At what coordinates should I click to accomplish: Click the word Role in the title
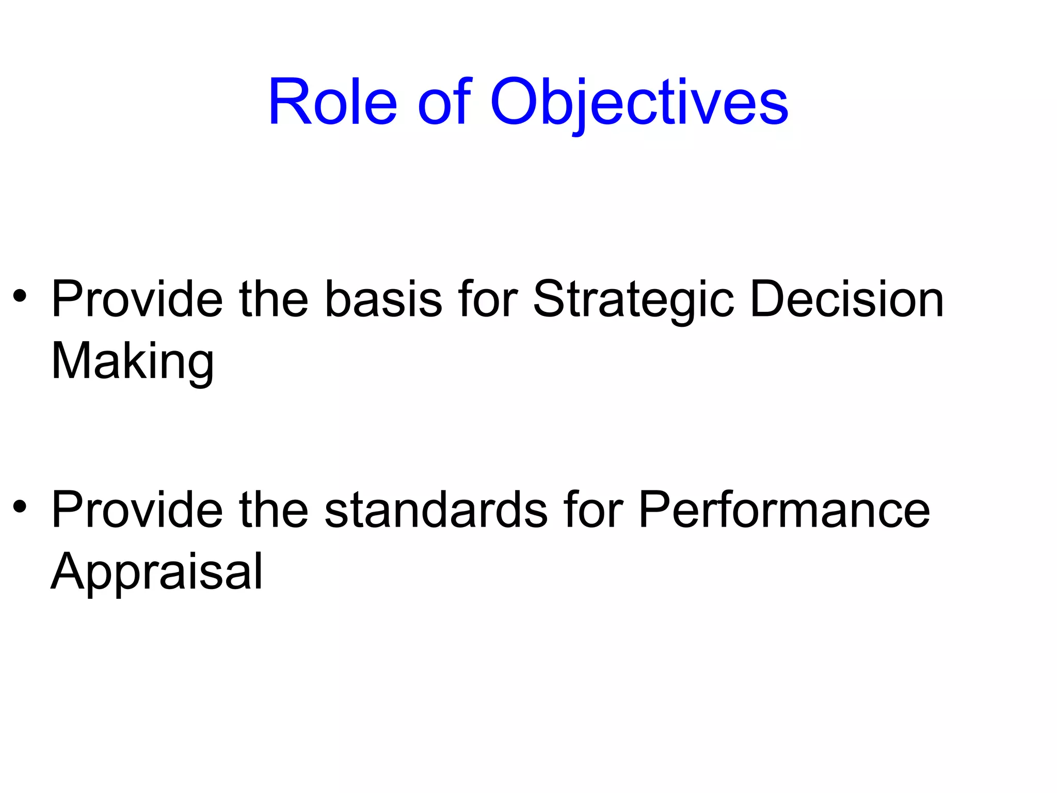click(x=332, y=101)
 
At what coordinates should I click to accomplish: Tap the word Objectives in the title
click(x=639, y=101)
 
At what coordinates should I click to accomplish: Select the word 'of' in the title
click(x=444, y=101)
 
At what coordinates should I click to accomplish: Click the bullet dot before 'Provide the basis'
click(x=20, y=296)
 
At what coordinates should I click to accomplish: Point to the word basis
click(x=383, y=299)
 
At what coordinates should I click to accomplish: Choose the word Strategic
click(x=633, y=299)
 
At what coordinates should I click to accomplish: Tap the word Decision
click(x=846, y=299)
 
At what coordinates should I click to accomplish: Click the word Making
click(x=133, y=361)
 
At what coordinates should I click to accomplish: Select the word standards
click(x=436, y=510)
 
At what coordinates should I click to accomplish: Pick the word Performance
click(x=784, y=510)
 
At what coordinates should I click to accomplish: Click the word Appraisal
click(x=157, y=572)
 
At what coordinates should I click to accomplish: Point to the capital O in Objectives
click(x=513, y=101)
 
